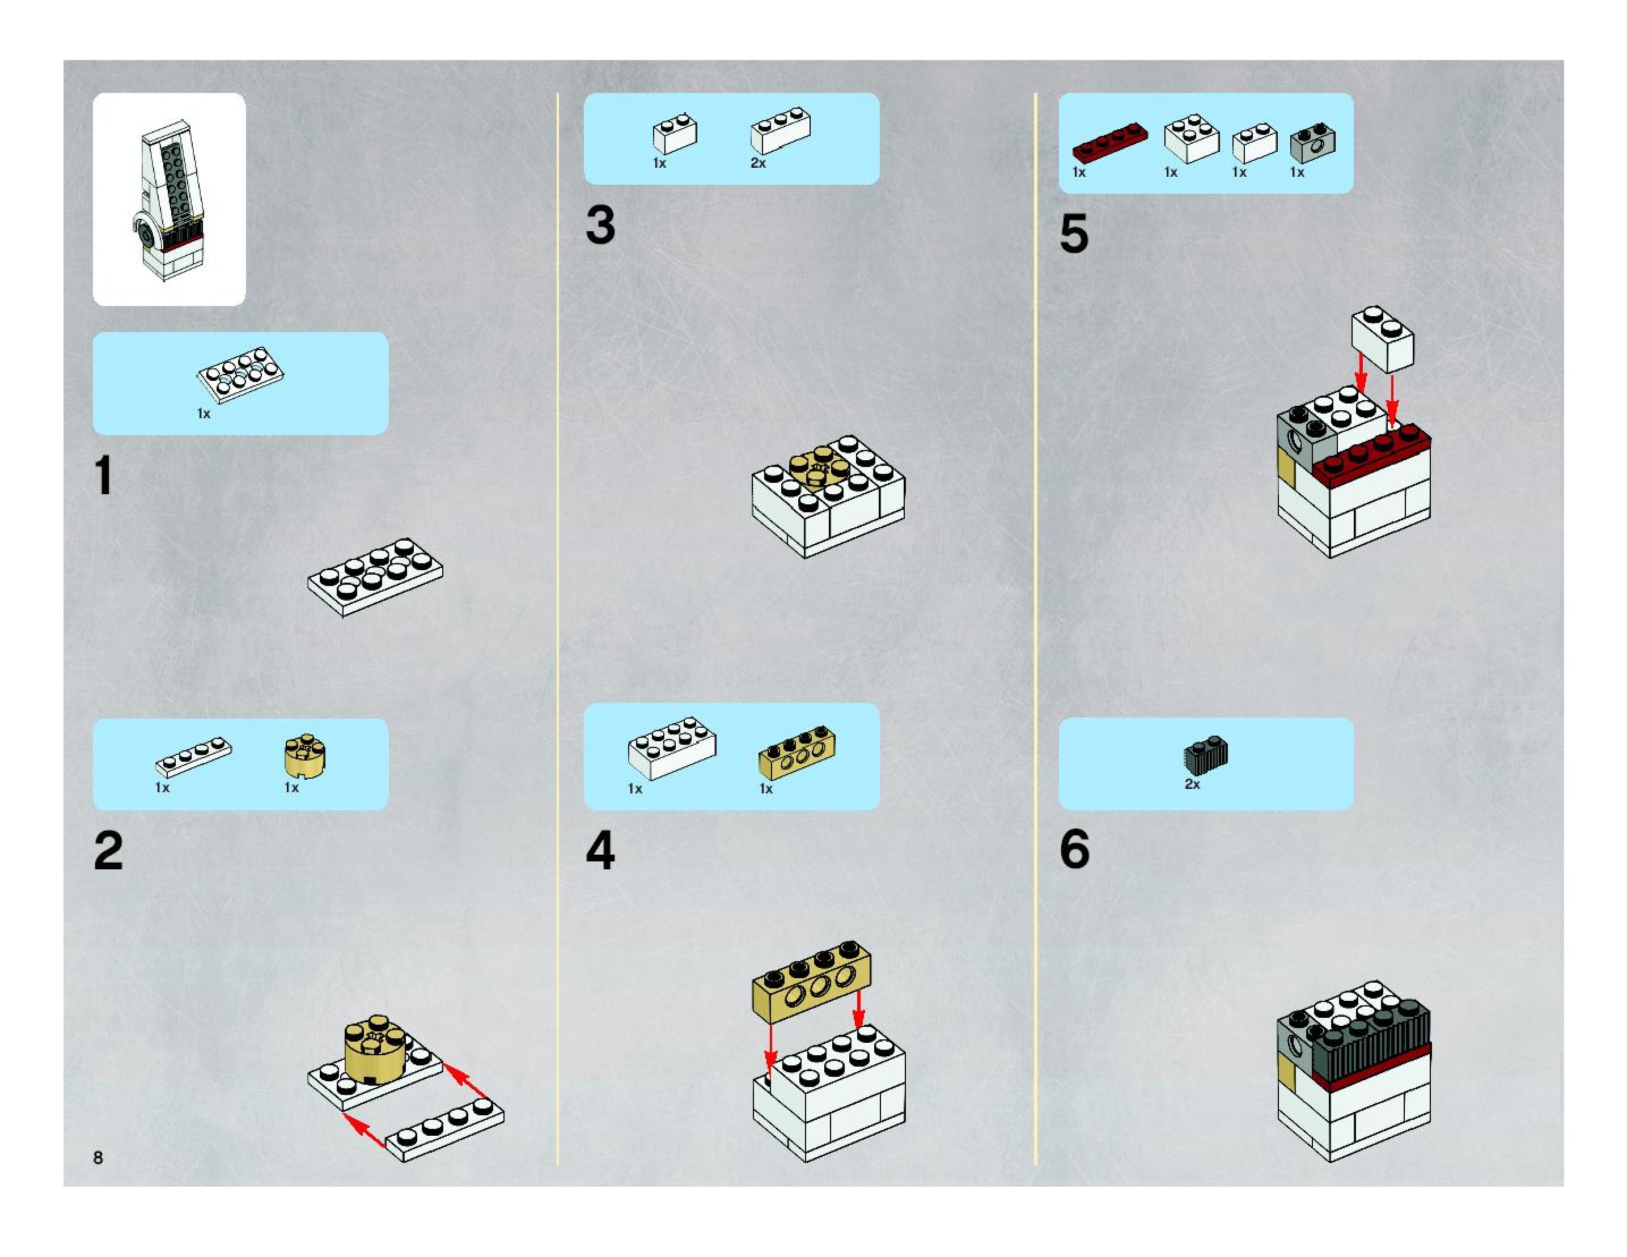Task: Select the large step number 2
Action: click(x=109, y=851)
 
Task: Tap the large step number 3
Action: click(x=600, y=225)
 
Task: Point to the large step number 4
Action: click(x=600, y=851)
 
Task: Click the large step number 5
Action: click(x=1074, y=233)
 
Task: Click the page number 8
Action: click(x=98, y=1157)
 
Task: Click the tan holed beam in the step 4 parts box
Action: click(x=797, y=752)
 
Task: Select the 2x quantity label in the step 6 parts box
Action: click(x=1193, y=784)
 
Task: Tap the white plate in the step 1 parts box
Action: click(x=240, y=374)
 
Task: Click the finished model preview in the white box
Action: click(x=169, y=199)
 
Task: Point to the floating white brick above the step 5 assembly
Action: click(x=1383, y=339)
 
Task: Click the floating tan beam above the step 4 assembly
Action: click(x=812, y=979)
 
